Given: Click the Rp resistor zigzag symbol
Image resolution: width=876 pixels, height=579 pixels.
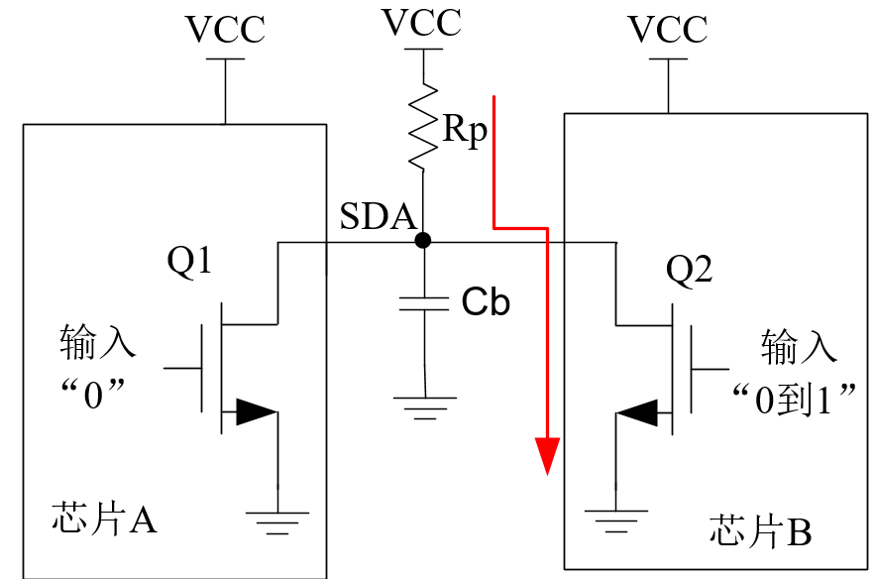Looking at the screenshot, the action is (423, 126).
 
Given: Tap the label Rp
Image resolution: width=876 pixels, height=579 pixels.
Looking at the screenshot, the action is (465, 131).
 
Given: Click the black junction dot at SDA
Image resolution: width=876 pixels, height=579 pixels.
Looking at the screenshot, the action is (423, 240).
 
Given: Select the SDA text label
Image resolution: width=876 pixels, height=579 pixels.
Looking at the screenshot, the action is (379, 216).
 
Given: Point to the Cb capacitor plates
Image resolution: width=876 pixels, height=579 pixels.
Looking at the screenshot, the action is (424, 304).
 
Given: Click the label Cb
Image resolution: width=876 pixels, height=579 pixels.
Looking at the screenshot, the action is (486, 302).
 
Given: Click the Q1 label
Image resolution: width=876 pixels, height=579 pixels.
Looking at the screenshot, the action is (189, 261).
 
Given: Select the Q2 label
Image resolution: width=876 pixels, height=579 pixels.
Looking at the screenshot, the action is (689, 271).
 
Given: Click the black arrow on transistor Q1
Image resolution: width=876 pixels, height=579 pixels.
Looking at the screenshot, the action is (257, 411).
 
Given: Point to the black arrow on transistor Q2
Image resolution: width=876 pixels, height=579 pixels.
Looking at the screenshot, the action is (637, 413).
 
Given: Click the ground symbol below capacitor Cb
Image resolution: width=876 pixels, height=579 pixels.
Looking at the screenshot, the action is (424, 408).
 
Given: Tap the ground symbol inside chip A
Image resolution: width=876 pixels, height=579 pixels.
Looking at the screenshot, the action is (277, 523).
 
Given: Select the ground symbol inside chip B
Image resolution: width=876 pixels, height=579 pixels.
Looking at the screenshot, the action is (616, 521).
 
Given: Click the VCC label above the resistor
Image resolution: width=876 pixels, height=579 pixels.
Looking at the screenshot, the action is (422, 23).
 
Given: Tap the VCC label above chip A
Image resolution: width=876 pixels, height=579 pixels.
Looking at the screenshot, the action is (225, 29).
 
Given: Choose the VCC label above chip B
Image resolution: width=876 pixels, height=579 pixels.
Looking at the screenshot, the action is (668, 29).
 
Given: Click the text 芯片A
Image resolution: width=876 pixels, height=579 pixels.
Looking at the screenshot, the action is (104, 519).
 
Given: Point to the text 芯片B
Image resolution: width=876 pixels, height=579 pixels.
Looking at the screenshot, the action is (760, 530).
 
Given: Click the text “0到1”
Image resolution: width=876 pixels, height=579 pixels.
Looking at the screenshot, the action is (795, 399).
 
